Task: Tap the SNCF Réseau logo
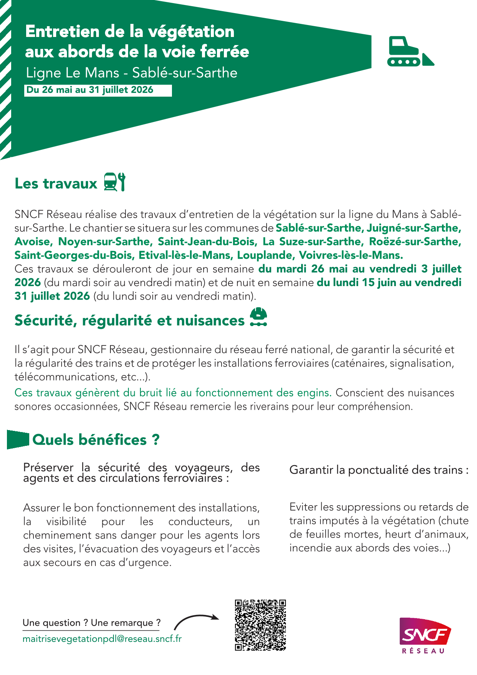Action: click(x=425, y=635)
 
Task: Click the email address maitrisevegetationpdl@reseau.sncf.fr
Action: click(x=102, y=639)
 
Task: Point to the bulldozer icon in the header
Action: click(x=410, y=52)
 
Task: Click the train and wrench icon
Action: click(x=115, y=182)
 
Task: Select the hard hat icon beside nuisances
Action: click(x=259, y=317)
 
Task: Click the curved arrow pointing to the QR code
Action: click(x=196, y=620)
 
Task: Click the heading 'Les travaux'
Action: click(x=56, y=184)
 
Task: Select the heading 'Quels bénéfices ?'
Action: click(x=96, y=440)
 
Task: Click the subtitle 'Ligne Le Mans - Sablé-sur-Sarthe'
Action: click(x=132, y=73)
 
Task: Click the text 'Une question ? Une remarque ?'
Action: click(x=92, y=623)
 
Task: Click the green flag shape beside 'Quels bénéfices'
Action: click(x=18, y=439)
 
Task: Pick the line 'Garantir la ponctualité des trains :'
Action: click(x=379, y=470)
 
